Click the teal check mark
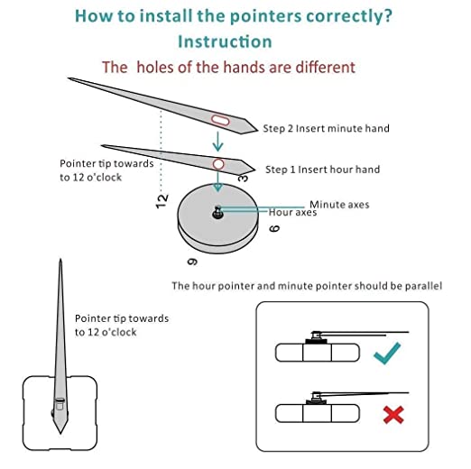point(386,354)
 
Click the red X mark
point(393,415)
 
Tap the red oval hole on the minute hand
point(220,120)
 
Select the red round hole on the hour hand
point(218,164)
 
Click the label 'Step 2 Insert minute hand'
point(326,129)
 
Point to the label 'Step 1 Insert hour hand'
point(322,170)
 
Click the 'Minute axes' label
point(339,205)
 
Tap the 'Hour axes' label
point(292,213)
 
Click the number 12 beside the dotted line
point(162,201)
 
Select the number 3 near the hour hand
point(243,179)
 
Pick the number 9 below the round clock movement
point(192,262)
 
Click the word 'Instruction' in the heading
point(225,41)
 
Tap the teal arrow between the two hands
point(217,141)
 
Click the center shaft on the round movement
point(217,212)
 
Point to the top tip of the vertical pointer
point(60,259)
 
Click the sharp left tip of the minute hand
point(69,78)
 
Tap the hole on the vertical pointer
point(60,404)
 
